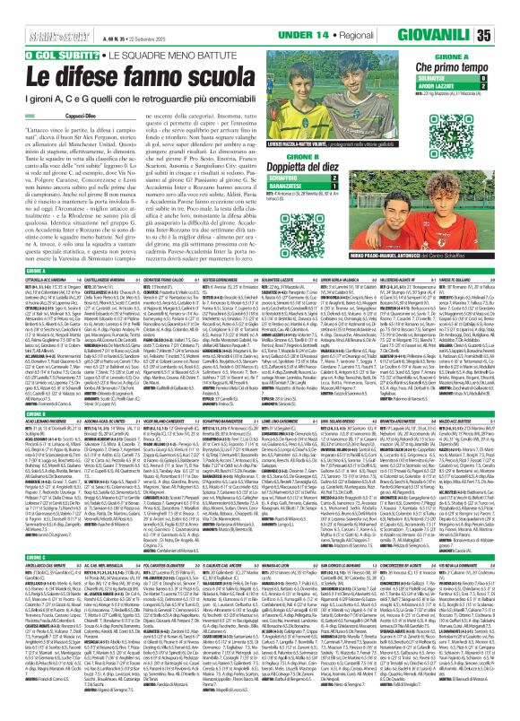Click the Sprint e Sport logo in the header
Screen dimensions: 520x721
tap(26, 12)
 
